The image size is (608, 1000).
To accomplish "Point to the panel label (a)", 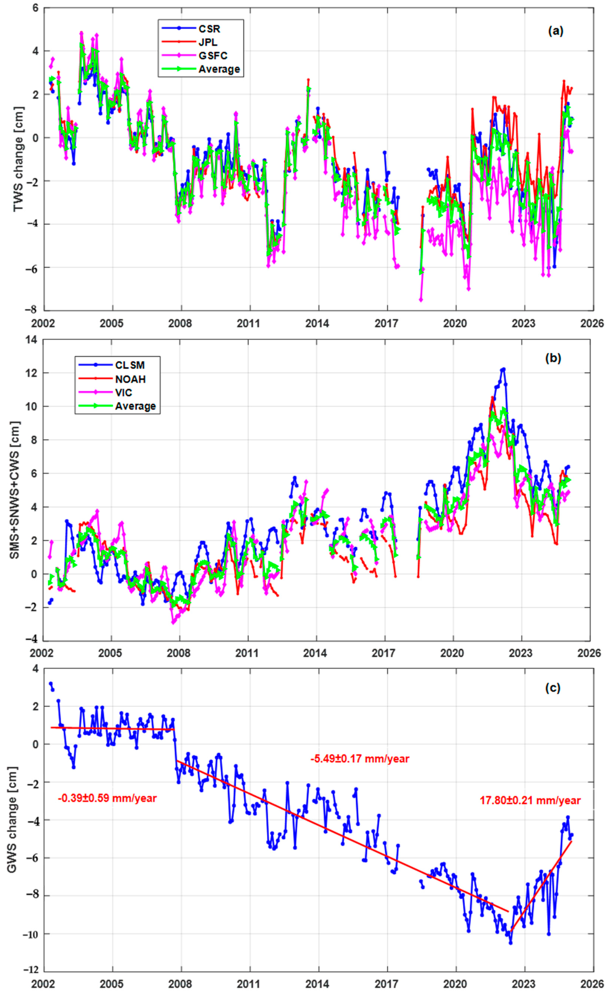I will (555, 31).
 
